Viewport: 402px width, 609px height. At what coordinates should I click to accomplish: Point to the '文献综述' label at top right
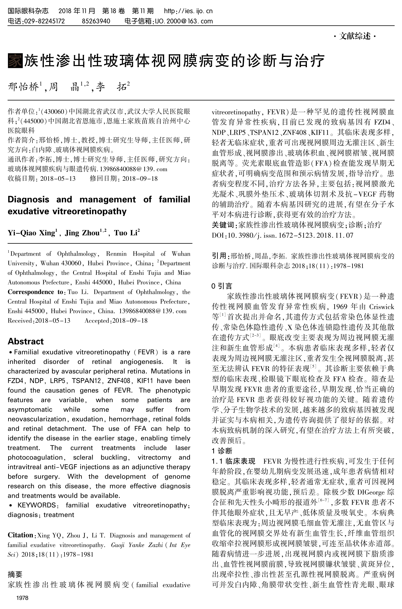355,36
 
